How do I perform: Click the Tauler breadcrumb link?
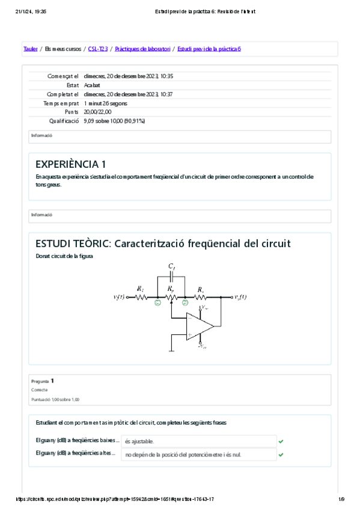pos(30,49)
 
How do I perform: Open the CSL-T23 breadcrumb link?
pos(97,49)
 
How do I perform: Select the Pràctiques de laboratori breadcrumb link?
pos(142,49)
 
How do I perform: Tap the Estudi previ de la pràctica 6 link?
pos(209,49)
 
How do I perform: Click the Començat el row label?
pos(63,76)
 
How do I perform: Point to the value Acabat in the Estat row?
pos(92,85)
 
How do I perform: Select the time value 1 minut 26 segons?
pos(106,103)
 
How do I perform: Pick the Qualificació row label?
pos(63,121)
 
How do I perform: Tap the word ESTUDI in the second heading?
pos(53,244)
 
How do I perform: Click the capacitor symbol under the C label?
pos(172,277)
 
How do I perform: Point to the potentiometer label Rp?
pos(171,289)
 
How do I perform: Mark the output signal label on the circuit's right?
pos(240,297)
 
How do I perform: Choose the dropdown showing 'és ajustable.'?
pos(198,441)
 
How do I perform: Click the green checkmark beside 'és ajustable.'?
pos(281,441)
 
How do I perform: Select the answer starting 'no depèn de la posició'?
pos(198,455)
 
